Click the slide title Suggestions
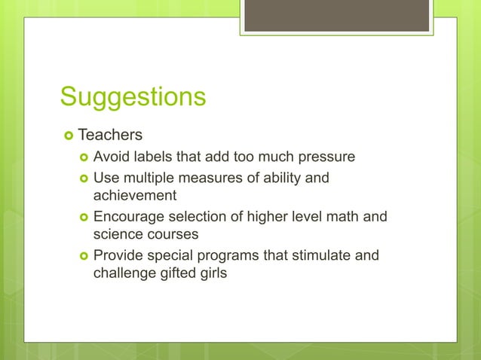click(133, 97)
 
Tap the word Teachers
click(110, 136)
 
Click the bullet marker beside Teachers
click(67, 136)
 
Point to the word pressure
click(323, 158)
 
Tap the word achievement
click(134, 196)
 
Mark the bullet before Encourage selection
click(82, 218)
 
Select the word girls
click(212, 272)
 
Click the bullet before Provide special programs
click(82, 256)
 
